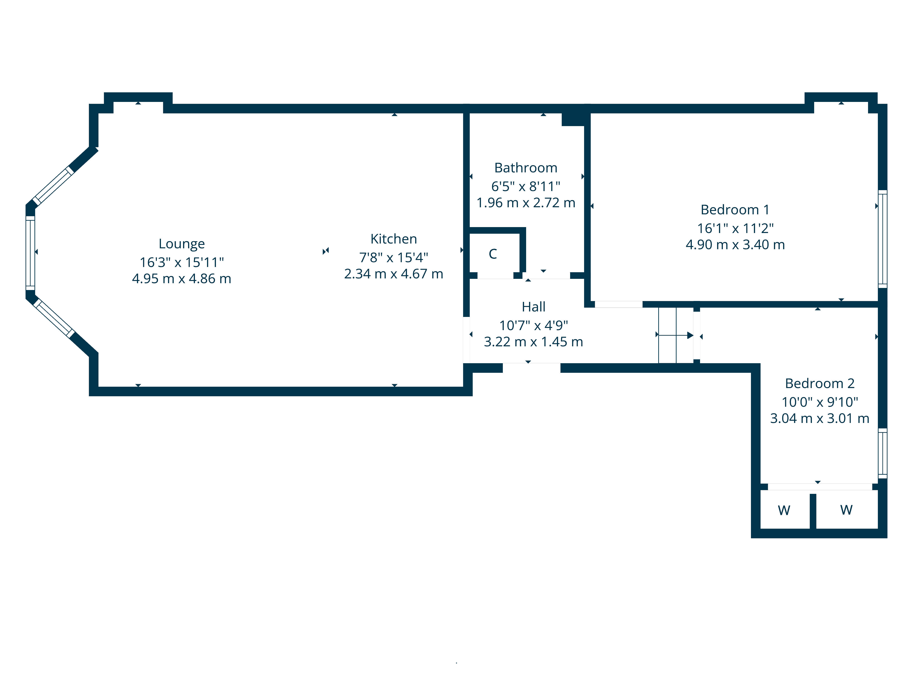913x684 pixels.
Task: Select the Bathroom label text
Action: point(526,168)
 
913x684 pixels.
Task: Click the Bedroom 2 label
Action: point(820,383)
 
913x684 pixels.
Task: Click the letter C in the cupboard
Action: point(493,254)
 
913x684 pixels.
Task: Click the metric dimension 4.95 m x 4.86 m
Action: point(182,279)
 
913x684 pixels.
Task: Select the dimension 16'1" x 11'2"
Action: point(735,228)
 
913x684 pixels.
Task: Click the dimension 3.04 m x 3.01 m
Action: point(820,418)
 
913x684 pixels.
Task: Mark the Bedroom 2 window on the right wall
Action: point(882,453)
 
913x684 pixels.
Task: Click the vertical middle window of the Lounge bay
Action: point(30,253)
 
